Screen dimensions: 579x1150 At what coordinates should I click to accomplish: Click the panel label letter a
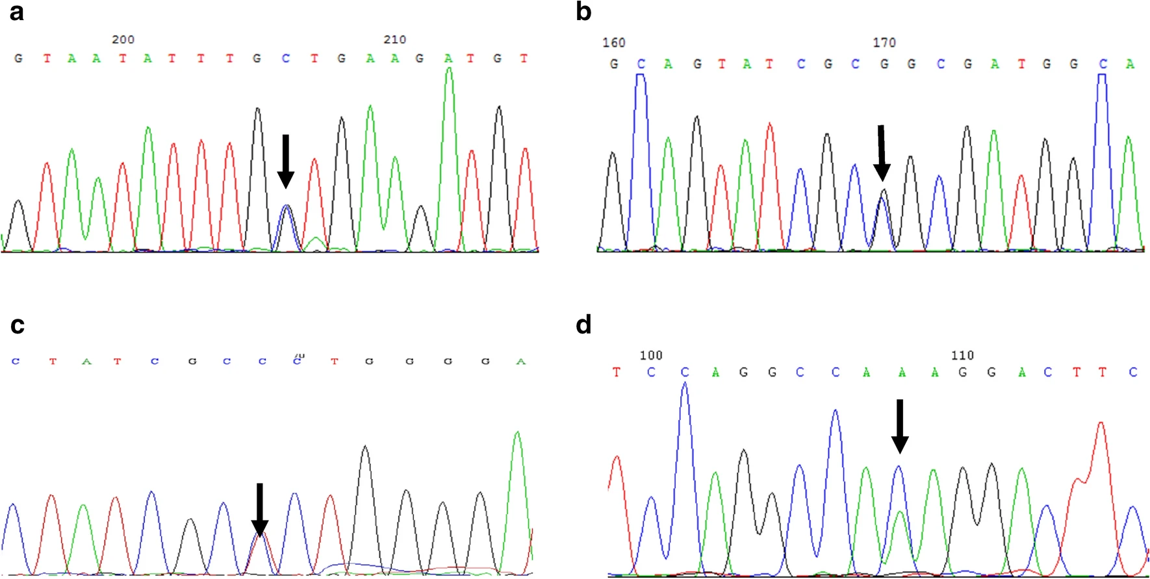point(16,12)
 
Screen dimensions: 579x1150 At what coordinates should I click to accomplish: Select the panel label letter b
point(583,12)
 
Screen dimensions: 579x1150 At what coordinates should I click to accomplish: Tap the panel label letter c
point(17,325)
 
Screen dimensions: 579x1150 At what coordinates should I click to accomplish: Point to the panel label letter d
point(583,324)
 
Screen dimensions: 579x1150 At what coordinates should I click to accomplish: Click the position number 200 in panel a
point(123,40)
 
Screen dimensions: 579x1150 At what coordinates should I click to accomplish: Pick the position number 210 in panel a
point(394,40)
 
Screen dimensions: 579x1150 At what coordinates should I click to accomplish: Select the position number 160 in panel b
point(613,43)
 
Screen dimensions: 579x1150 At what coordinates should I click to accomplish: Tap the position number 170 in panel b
point(884,43)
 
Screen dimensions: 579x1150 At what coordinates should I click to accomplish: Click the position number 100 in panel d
point(650,356)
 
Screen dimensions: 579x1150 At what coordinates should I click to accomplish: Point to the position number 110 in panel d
point(962,356)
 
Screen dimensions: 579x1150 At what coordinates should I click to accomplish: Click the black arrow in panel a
point(285,161)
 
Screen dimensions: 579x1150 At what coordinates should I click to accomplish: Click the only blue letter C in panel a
point(285,58)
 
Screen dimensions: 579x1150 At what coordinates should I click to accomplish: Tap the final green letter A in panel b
point(1130,64)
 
